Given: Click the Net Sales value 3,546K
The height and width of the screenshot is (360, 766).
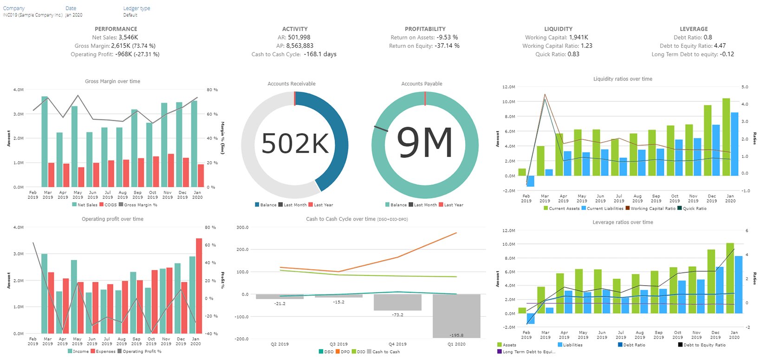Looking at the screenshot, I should [x=128, y=38].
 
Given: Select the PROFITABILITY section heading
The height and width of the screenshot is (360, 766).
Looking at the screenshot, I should [x=425, y=29].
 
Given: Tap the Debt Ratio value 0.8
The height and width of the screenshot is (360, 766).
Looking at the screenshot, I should [x=708, y=38].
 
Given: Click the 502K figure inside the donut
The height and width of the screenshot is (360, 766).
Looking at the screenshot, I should [x=295, y=144].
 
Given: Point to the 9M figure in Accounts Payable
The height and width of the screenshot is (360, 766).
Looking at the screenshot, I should [x=425, y=144].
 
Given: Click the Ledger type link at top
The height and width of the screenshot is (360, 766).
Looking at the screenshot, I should [x=136, y=8].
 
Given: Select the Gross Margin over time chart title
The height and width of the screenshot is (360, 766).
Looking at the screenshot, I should [x=112, y=81].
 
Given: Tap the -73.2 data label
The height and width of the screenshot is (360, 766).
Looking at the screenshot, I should [x=397, y=315].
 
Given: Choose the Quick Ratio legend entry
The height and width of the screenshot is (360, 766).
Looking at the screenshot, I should [x=695, y=209].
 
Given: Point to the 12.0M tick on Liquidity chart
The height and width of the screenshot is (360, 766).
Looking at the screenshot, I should [x=509, y=87].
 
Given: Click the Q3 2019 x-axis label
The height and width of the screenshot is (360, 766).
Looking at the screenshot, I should [x=338, y=344].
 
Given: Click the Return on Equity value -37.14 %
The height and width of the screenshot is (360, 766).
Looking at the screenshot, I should [x=447, y=46].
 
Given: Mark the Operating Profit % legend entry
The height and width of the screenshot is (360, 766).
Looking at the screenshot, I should [x=142, y=352].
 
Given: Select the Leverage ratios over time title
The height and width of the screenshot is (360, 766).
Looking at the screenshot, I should [x=623, y=223].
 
